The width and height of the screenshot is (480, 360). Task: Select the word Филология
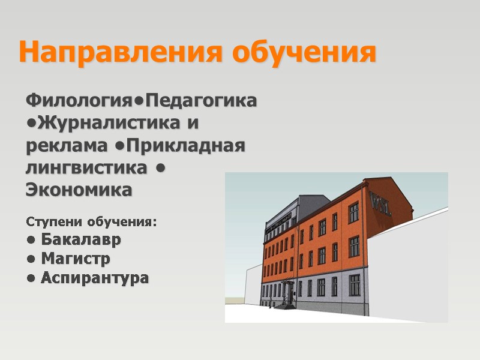click(x=83, y=100)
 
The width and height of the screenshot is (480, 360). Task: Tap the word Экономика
click(x=79, y=191)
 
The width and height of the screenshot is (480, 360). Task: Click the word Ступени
click(x=55, y=223)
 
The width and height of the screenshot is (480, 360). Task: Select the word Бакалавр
click(x=80, y=240)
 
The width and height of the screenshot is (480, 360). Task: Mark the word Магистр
click(x=75, y=259)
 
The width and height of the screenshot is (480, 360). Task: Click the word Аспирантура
click(x=94, y=278)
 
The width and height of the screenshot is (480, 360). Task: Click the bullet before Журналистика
click(x=31, y=124)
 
